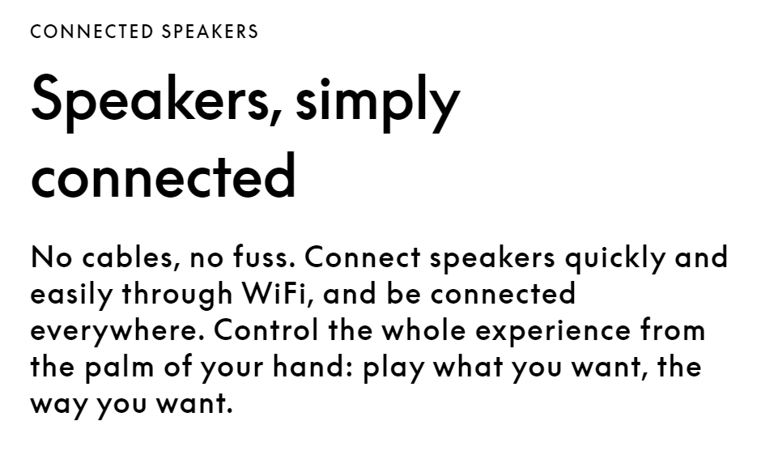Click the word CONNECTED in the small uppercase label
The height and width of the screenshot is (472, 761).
pos(91,32)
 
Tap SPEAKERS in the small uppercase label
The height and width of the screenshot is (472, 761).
pos(210,32)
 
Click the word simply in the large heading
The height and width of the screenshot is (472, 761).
pos(377,102)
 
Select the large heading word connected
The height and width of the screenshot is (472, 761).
pos(163,175)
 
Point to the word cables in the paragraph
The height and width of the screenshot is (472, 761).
pos(128,257)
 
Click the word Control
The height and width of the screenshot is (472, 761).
pos(266,330)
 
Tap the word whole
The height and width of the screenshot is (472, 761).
pos(423,330)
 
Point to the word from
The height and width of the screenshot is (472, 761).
pos(673,330)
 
